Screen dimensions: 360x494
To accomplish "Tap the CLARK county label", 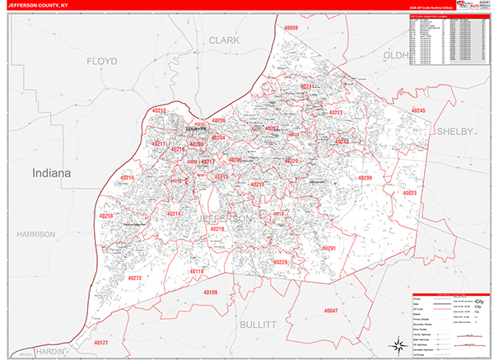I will (223, 40).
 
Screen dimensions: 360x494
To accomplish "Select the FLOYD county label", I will (102, 62).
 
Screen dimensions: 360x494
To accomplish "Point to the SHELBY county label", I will (454, 131).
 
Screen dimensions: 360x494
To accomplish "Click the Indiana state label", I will (51, 173).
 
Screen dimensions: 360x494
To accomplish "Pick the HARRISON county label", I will (35, 234).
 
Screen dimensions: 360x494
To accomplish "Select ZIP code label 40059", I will (291, 29).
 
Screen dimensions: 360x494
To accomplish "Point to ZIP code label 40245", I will (418, 110).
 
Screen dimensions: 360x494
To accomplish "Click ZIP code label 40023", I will (410, 193).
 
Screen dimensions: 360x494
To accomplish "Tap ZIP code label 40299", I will (366, 179).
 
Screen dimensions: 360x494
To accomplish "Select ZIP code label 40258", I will (105, 216).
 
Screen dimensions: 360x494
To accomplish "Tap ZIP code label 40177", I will (100, 342).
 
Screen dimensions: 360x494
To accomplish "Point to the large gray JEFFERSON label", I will (225, 219).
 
